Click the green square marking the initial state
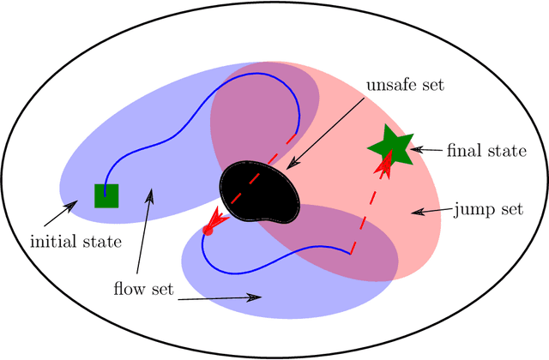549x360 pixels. (x=106, y=195)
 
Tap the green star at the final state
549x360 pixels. (x=390, y=147)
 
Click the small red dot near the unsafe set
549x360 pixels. (x=207, y=230)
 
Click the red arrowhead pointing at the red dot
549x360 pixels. (x=217, y=219)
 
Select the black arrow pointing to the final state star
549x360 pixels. (x=426, y=150)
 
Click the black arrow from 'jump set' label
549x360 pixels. (x=430, y=211)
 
